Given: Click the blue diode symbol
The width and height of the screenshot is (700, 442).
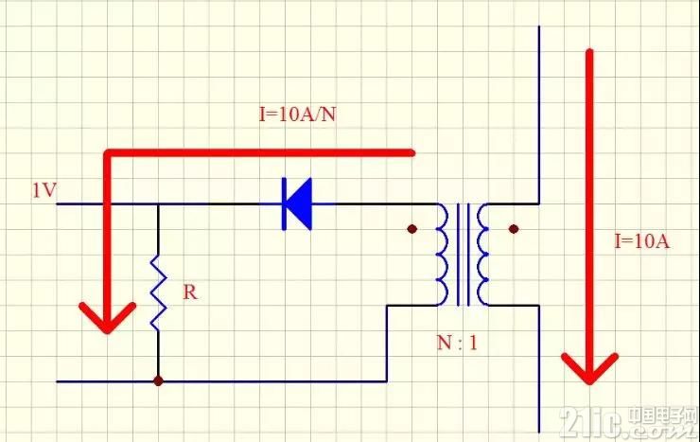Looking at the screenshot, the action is (x=297, y=204).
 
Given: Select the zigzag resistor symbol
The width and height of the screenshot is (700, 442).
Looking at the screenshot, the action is (x=158, y=292).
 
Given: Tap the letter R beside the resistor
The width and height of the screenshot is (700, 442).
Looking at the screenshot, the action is (x=190, y=292).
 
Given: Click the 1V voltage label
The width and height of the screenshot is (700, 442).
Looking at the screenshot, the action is (x=44, y=190).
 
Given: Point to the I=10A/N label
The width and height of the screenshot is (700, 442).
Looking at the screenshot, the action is (x=297, y=115).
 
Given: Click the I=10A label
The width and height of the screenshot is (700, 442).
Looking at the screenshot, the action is (x=642, y=241).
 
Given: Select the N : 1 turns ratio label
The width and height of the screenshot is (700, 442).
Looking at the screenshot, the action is (x=457, y=343).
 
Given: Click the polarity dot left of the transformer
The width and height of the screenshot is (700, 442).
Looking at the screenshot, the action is (x=412, y=229).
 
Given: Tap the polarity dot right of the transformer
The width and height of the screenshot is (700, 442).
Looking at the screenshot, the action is (x=514, y=229).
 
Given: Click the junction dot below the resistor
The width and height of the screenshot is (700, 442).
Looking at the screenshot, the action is (x=158, y=380).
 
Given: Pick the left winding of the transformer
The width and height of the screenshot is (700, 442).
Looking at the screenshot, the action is (x=442, y=255).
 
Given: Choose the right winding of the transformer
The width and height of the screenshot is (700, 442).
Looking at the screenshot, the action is (x=483, y=255).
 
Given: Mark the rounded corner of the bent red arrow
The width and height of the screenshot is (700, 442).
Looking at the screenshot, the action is (x=108, y=154).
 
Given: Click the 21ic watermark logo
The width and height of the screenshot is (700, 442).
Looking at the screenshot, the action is (x=627, y=422).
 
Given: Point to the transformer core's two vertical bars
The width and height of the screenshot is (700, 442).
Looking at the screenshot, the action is (x=464, y=255).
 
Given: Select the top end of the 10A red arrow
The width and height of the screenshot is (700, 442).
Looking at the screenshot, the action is (x=589, y=52).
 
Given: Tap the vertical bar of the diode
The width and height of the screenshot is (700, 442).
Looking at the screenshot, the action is (x=284, y=204).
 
